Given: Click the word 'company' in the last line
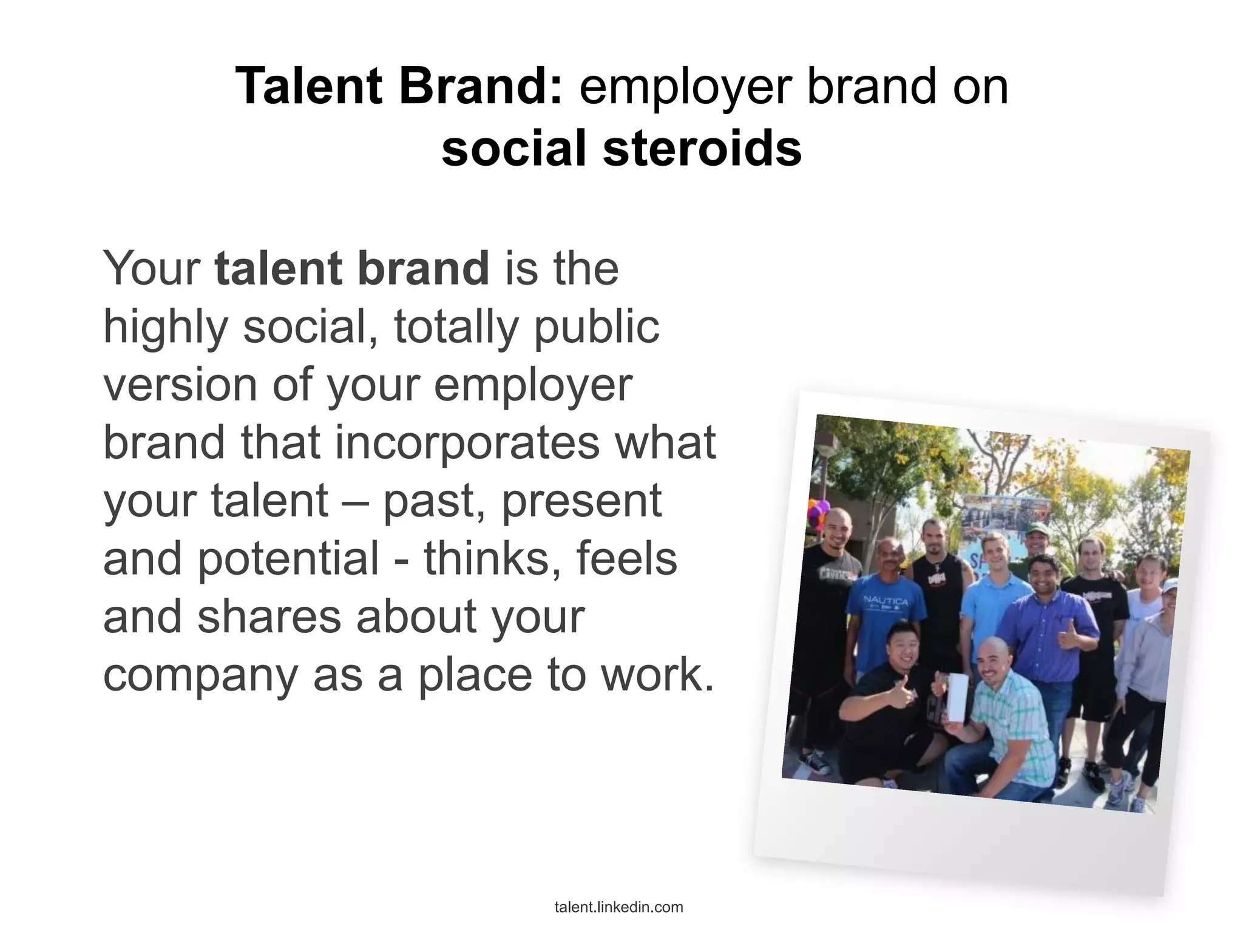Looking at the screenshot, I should point(200,675).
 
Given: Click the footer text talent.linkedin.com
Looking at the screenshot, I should point(618,907).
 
